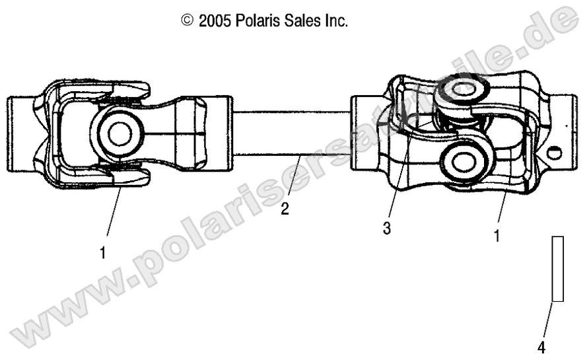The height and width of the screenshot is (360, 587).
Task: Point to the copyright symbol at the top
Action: tap(187, 21)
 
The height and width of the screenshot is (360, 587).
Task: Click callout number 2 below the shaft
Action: tap(285, 209)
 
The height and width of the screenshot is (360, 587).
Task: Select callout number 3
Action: tap(387, 229)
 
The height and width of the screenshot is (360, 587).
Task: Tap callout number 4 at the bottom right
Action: tap(541, 346)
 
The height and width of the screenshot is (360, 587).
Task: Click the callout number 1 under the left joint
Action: tap(102, 252)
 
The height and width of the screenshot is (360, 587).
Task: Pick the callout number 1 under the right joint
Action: tap(497, 234)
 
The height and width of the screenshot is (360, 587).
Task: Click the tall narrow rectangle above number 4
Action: tap(558, 269)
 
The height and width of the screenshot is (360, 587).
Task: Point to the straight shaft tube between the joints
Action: tap(291, 132)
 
